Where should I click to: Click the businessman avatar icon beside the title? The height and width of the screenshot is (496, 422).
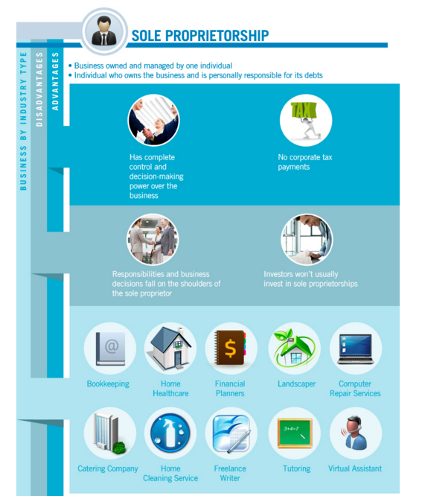coord(104,31)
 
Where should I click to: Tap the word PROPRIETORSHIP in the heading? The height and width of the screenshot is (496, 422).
coord(217,36)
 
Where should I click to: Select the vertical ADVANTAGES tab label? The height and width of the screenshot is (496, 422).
coord(55,82)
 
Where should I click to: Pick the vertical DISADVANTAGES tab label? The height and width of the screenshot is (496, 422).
coord(39,89)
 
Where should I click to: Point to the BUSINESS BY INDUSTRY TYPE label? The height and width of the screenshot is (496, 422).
coord(23,121)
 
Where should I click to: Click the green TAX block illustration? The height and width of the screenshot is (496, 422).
coord(304,110)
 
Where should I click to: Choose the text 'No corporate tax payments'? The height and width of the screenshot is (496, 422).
coord(305,162)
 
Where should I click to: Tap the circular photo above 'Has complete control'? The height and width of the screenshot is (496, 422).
coord(153,120)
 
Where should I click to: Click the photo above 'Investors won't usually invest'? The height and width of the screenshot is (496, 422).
coord(307,240)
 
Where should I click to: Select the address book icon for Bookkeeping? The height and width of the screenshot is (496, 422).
coord(110,349)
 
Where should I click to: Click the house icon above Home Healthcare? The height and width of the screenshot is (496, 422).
coord(170,348)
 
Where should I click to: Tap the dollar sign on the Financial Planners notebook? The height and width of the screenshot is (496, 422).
coord(230,348)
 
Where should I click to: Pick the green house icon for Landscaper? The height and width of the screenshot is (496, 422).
coord(294,348)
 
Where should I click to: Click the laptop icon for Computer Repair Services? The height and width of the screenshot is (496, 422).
coord(356,349)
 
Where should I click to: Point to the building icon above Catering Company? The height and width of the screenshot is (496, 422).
coord(109,432)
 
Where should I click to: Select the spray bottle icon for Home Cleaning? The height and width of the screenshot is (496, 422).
coord(170,433)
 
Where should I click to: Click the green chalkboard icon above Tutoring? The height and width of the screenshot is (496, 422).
coord(295,433)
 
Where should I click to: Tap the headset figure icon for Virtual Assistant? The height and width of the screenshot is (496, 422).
coord(356,433)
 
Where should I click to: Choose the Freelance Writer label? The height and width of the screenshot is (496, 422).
coord(230,473)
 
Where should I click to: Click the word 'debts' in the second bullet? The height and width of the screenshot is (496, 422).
coord(313,75)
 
